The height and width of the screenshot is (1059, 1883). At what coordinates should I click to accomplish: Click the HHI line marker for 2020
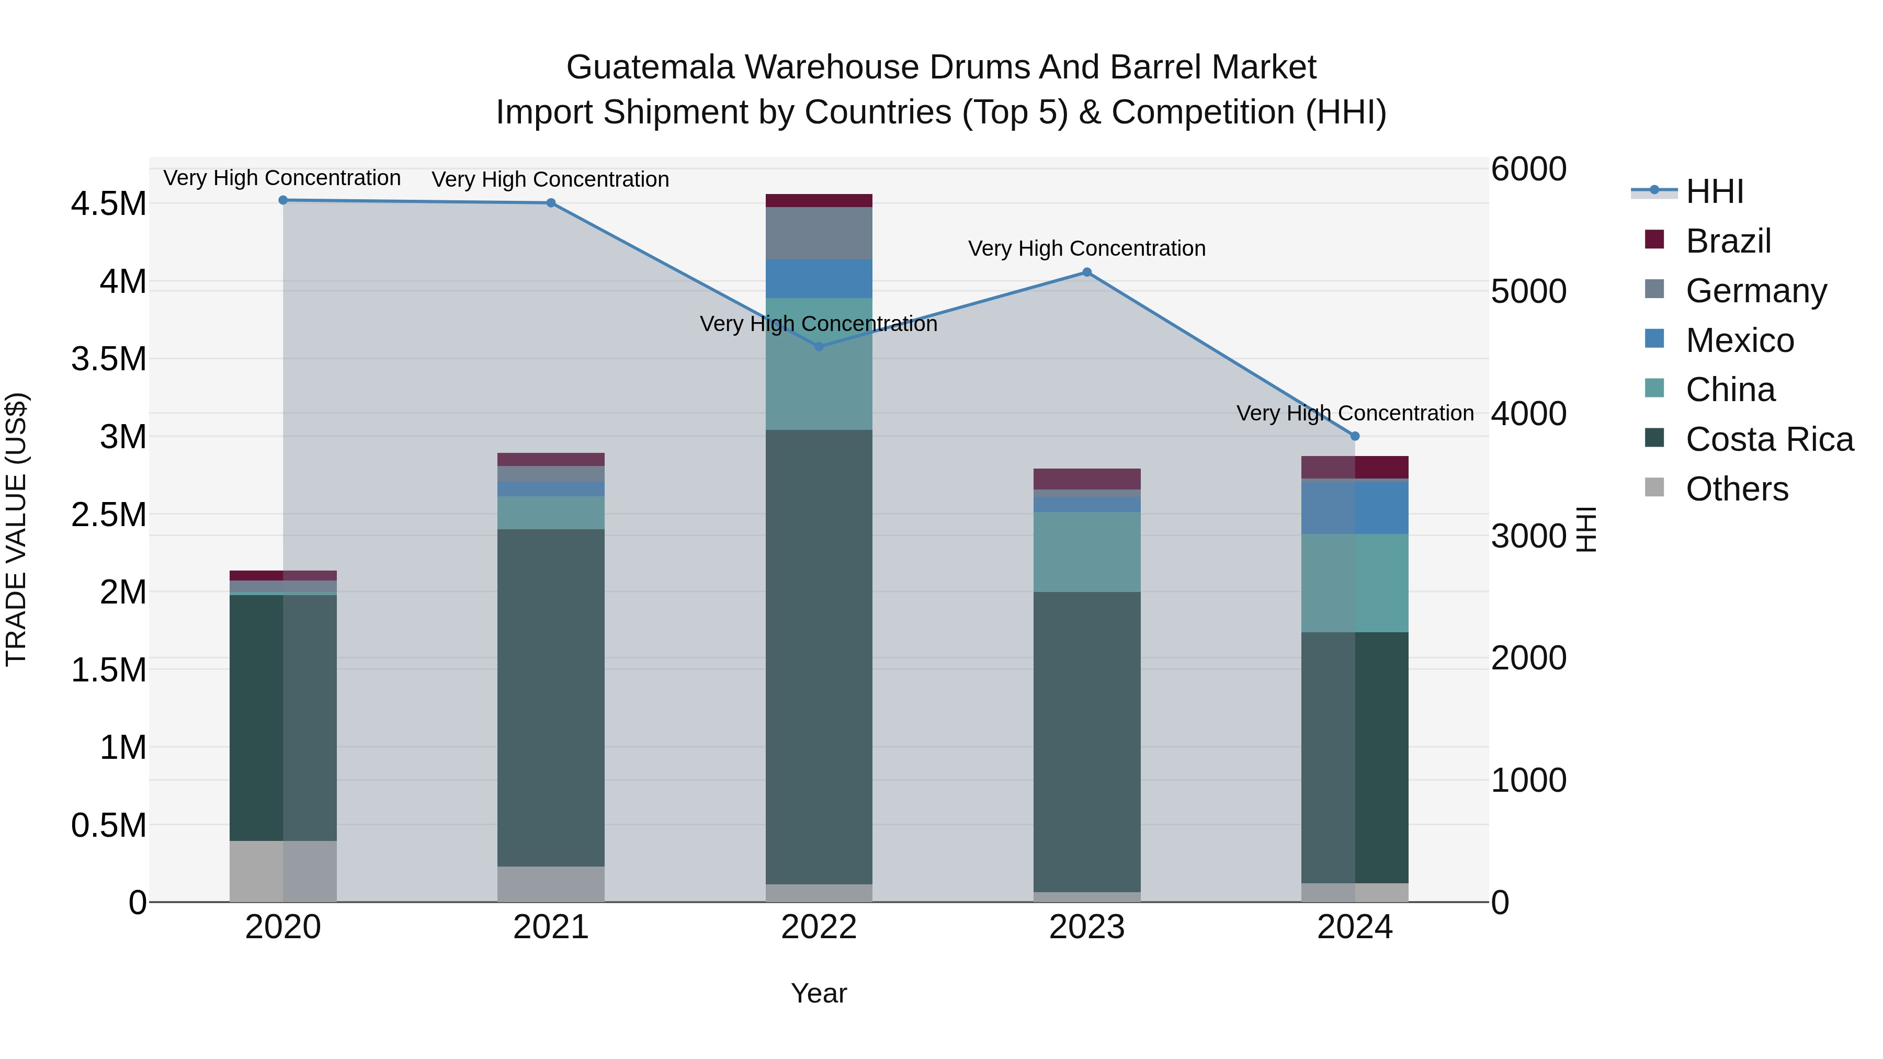coord(283,200)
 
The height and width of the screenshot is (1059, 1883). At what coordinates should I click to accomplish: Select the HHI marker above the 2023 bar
coord(1086,272)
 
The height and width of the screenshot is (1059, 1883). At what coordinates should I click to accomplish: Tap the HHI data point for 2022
coord(819,346)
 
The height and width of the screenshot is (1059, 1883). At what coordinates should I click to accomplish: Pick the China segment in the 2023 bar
coord(1086,552)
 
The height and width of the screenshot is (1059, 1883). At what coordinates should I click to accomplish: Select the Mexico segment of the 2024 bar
coord(1355,508)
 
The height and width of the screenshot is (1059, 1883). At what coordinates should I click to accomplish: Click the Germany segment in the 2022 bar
coord(819,233)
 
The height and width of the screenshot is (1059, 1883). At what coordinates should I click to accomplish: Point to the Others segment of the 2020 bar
coord(283,871)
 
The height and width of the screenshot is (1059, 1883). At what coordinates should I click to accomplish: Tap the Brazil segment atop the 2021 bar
coord(550,460)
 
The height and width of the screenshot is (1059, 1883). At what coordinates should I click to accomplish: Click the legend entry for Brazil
coord(1728,241)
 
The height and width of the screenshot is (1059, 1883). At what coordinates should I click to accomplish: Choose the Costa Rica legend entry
coord(1769,439)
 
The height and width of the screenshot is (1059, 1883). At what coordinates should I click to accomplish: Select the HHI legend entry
coord(1714,191)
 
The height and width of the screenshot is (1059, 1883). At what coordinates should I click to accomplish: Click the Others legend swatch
coord(1654,487)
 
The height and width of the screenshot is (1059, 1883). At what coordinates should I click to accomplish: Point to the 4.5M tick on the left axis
coord(108,204)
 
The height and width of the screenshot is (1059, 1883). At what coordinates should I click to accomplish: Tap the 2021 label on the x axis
coord(550,927)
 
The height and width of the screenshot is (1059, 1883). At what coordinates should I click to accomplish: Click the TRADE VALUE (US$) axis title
coord(16,529)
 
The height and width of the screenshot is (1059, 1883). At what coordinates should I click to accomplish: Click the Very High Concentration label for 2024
coord(1355,414)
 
